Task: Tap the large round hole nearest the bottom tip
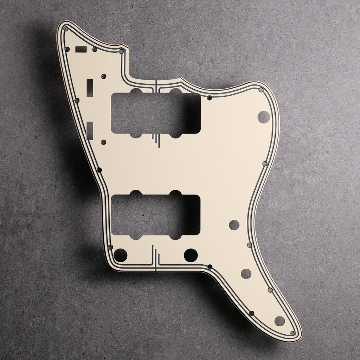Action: click(x=279, y=320)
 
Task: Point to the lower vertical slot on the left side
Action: click(x=90, y=129)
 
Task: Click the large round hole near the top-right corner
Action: click(x=263, y=117)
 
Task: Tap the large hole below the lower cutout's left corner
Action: click(x=120, y=254)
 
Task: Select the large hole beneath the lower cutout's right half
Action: click(x=191, y=254)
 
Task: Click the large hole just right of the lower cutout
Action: click(x=234, y=225)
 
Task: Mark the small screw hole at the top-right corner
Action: click(x=261, y=90)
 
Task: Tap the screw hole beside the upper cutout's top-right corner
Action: click(x=209, y=97)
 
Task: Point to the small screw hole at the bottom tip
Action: click(x=292, y=333)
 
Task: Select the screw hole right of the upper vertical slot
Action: click(x=103, y=76)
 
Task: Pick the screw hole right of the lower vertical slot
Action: click(x=103, y=142)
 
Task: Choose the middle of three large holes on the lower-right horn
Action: click(x=246, y=273)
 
